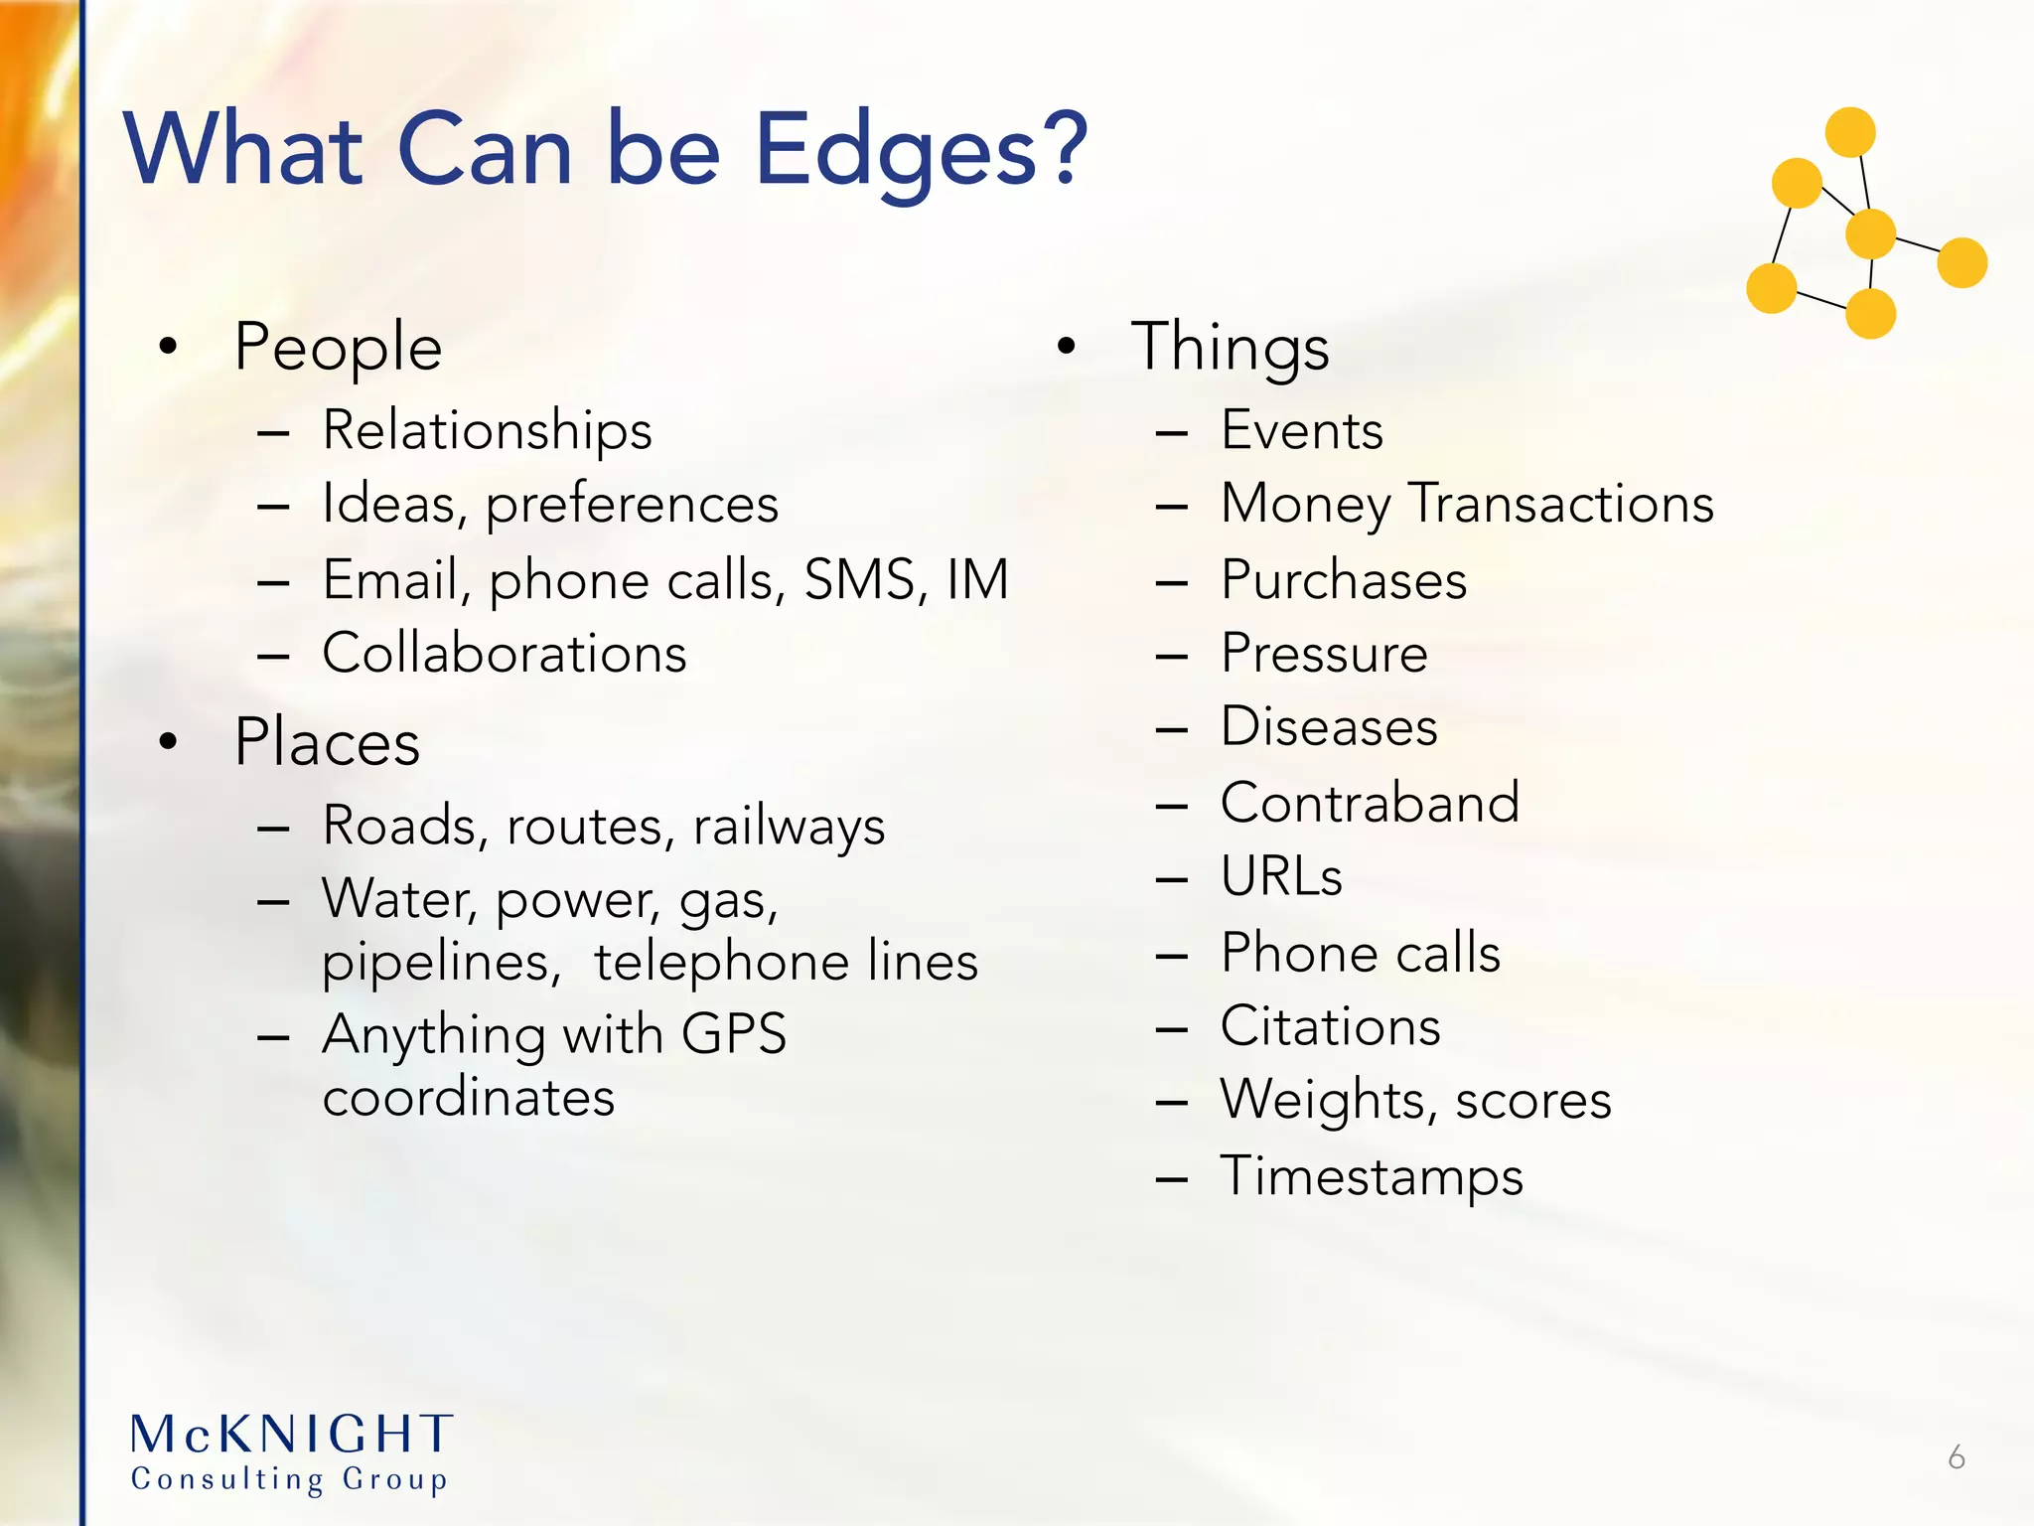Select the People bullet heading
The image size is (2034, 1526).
point(338,348)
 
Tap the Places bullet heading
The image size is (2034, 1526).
point(327,742)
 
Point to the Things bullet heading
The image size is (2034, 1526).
point(1230,348)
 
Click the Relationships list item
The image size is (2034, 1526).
point(487,431)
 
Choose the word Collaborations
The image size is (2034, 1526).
point(505,654)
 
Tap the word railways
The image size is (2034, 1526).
point(789,827)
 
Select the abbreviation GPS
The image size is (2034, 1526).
point(734,1033)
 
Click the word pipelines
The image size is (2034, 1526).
point(441,962)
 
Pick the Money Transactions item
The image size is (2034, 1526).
point(1467,504)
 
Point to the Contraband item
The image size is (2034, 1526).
point(1370,803)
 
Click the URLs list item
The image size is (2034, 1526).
point(1281,876)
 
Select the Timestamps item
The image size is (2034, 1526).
point(1371,1176)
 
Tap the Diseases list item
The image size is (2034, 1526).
point(1329,727)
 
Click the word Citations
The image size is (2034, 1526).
point(1330,1026)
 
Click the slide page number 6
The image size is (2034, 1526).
point(1957,1457)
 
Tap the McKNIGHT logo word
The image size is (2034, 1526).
point(292,1435)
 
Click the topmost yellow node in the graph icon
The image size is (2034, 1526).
point(1850,132)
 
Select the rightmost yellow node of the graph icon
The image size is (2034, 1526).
point(1961,263)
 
